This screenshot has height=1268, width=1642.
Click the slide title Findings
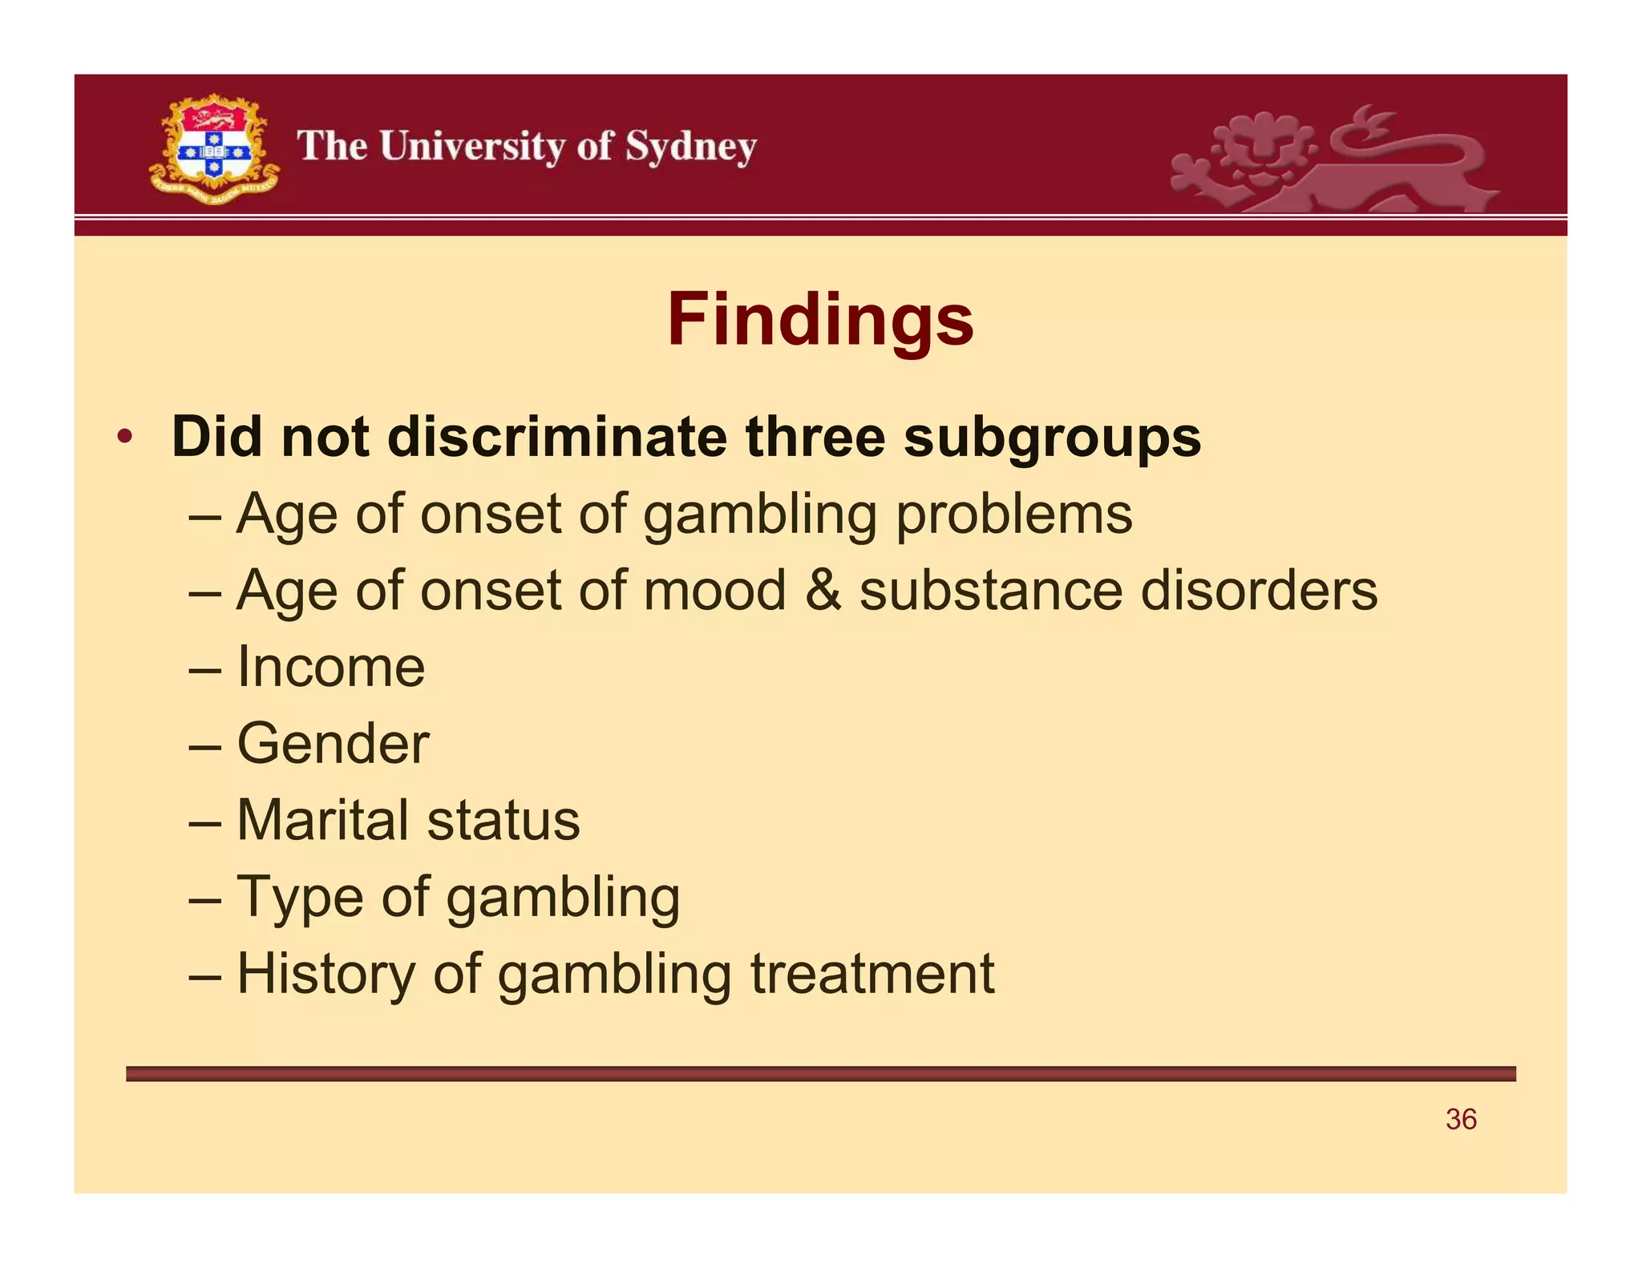[x=820, y=320]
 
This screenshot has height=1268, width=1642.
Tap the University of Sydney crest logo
[x=213, y=149]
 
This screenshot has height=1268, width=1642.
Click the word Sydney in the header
[x=690, y=148]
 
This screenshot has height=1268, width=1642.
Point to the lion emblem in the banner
[x=1332, y=160]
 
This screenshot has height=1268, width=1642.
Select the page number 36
[x=1461, y=1120]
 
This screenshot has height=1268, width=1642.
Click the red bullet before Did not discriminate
[x=124, y=438]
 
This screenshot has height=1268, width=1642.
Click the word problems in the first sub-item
[x=1013, y=515]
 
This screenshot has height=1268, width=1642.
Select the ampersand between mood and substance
[x=823, y=591]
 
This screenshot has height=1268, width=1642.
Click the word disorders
[x=1259, y=591]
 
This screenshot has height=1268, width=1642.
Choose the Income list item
[x=330, y=667]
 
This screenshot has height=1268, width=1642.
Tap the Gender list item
[x=333, y=744]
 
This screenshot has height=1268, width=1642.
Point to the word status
[x=504, y=820]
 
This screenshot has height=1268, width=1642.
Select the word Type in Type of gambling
[x=299, y=898]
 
